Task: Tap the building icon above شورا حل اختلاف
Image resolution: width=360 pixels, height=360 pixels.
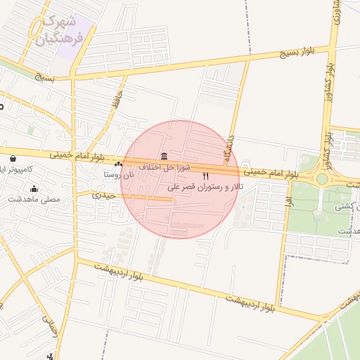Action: tap(164, 156)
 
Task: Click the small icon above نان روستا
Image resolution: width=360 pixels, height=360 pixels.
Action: tap(118, 164)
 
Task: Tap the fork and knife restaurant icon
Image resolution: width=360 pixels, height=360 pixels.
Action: tap(206, 176)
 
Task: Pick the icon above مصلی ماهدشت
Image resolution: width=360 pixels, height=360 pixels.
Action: tap(34, 188)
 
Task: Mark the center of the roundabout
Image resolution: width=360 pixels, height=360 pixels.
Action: tap(322, 179)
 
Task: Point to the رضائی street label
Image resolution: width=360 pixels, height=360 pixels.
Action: tap(49, 325)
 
